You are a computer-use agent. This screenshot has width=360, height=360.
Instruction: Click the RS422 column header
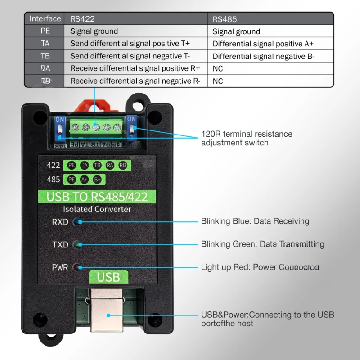82,19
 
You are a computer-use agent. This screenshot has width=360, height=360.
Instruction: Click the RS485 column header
225,19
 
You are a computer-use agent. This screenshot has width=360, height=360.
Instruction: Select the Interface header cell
45,18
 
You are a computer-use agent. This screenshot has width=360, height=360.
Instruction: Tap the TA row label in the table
45,44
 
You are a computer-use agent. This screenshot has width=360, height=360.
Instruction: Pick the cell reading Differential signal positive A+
263,44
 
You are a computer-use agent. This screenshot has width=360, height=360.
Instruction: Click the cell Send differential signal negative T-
130,56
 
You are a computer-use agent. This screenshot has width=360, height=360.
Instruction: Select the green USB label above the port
108,277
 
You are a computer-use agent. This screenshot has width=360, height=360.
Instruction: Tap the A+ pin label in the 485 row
84,179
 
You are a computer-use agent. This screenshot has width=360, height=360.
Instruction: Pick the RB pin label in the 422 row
122,165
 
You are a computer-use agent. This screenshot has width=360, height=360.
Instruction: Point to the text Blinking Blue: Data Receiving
255,221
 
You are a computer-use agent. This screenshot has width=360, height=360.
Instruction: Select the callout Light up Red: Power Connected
260,267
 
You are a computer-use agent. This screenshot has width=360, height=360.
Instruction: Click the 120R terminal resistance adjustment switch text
246,138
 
